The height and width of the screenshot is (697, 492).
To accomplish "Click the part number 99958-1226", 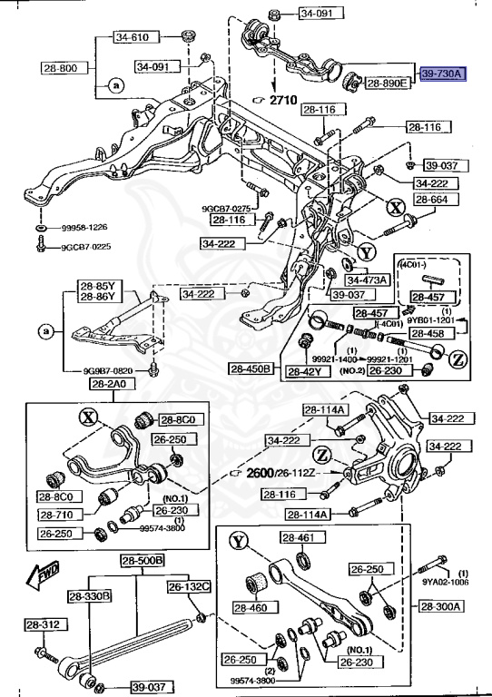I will click(86, 228).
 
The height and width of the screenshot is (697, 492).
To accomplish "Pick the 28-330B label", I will click(89, 595).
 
